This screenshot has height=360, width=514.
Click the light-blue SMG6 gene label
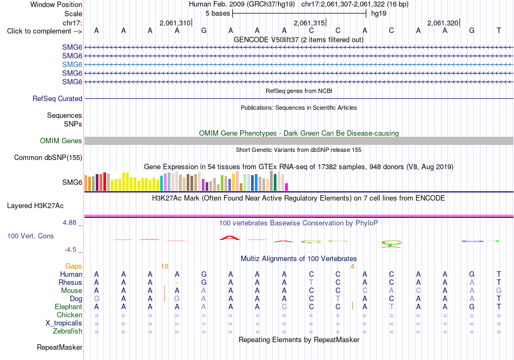72,64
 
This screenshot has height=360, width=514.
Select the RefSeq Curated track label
57,98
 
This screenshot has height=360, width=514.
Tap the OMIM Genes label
61,141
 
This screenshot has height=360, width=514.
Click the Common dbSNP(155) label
48,157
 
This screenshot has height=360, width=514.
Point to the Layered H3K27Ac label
35,206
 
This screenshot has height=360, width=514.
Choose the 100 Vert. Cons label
30,236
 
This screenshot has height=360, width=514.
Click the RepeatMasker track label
60,347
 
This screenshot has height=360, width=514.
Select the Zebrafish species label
68,331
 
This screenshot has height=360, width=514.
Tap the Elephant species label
69,307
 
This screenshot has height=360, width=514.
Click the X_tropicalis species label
64,323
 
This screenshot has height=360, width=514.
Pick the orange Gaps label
74,266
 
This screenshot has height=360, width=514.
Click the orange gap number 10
164,266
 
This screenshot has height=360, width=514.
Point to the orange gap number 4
352,266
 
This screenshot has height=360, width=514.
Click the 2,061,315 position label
309,23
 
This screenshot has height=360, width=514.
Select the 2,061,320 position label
443,23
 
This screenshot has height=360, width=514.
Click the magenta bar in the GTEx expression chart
287,187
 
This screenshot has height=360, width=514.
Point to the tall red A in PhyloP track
230,238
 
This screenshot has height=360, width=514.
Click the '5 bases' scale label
218,14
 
